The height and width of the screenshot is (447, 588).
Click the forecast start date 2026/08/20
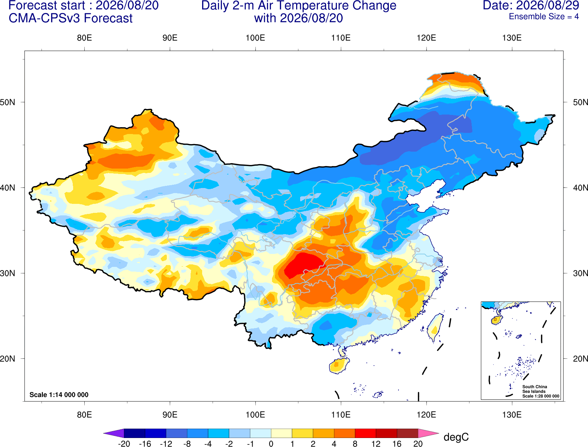click(x=127, y=5)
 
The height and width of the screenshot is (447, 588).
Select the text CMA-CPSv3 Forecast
click(x=71, y=18)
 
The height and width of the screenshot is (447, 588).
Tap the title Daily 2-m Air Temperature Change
click(x=299, y=5)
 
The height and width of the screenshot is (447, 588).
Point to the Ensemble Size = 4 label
click(x=544, y=17)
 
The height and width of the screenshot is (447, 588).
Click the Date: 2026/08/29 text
click(x=531, y=5)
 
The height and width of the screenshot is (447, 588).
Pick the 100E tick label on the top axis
click(x=255, y=38)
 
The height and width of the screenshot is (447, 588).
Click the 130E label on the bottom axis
click(x=512, y=415)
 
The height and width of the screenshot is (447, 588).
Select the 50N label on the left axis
click(x=8, y=102)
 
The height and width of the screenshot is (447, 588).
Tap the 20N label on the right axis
click(x=580, y=358)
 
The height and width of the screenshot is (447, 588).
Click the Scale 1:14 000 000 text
click(x=59, y=394)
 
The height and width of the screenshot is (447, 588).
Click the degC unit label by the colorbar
click(x=456, y=437)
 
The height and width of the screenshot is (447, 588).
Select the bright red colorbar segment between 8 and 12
click(x=365, y=433)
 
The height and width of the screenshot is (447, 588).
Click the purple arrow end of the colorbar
click(x=113, y=433)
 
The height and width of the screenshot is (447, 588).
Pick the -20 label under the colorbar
click(x=124, y=444)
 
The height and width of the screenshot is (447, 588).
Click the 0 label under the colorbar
click(x=271, y=444)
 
